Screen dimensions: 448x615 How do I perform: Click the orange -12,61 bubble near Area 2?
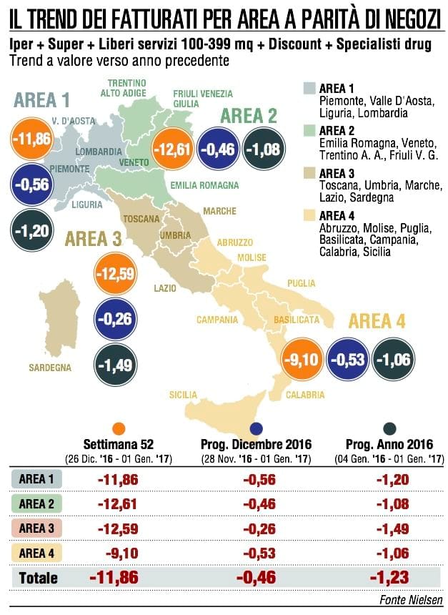pos(172,149)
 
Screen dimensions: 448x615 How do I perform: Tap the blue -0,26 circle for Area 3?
pos(116,319)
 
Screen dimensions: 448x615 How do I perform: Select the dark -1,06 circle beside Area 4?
pos(394,359)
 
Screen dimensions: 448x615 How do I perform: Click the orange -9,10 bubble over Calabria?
pos(302,359)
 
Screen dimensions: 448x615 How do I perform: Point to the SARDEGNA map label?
pos(50,368)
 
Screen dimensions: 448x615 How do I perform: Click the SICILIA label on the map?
pos(183,395)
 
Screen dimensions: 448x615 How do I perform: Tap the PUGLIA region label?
pos(302,283)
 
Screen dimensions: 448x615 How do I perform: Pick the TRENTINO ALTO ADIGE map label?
pos(124,88)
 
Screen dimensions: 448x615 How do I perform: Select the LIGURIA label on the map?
pos(87,205)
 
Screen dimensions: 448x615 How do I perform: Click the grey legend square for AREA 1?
pos(309,88)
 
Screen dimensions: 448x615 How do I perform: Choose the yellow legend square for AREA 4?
pos(309,215)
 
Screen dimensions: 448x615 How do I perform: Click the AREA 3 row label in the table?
pos(36,528)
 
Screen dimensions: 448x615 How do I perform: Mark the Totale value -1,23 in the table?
pos(389,577)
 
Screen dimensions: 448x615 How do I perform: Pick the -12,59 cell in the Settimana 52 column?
pos(118,528)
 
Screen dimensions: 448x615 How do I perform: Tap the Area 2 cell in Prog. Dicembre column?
pos(259,504)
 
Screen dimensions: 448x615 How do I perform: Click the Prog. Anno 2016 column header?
pos(389,444)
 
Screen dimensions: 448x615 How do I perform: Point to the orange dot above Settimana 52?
pos(119,428)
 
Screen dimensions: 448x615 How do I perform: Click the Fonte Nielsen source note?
pos(411,600)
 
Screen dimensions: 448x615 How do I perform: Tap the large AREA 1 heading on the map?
pos(41,100)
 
